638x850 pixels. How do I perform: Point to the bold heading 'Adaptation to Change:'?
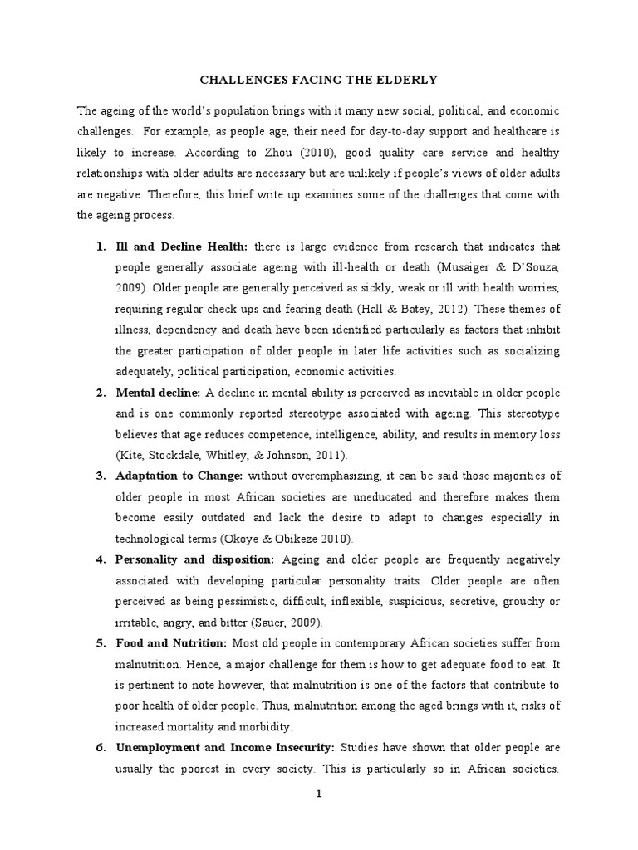click(179, 476)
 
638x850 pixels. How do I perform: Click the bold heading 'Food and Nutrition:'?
click(170, 642)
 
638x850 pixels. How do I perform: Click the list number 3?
click(100, 476)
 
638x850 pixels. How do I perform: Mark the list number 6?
click(100, 747)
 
